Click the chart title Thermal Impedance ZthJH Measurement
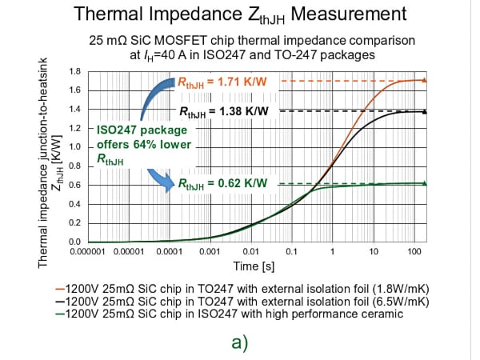(240, 14)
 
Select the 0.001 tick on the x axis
(210, 251)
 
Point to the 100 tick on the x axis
(414, 251)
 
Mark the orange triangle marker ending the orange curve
(425, 80)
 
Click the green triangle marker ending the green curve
(425, 183)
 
